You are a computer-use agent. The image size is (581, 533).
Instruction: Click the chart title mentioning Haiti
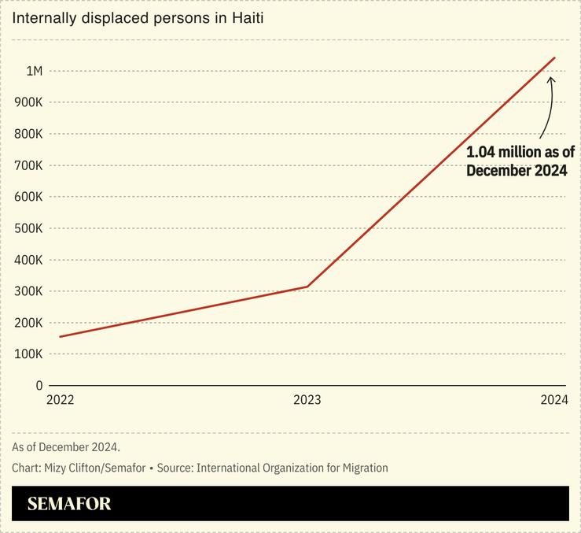(137, 17)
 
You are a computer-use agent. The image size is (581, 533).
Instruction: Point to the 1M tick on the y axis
(34, 71)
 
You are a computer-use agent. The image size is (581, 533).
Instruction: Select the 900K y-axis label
(28, 102)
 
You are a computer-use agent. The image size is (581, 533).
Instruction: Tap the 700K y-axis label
(28, 165)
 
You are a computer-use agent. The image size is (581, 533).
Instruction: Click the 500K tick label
(28, 228)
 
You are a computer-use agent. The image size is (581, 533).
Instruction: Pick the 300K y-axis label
(28, 291)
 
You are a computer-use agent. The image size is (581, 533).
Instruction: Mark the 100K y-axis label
(28, 354)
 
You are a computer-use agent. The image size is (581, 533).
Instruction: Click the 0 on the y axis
(39, 386)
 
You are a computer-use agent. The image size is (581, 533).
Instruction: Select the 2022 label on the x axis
(60, 400)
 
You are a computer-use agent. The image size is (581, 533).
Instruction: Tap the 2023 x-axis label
(307, 400)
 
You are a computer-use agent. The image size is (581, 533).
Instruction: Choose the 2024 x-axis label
(553, 400)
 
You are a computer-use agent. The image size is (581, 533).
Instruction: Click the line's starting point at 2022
(60, 337)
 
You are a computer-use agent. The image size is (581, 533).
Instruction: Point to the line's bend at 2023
(307, 287)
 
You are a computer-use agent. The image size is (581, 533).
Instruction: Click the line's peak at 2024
(554, 57)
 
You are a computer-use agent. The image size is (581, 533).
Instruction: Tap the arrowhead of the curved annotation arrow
(551, 78)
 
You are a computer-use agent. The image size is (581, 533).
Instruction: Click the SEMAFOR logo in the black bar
(69, 504)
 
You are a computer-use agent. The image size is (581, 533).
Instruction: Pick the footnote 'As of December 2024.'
(66, 447)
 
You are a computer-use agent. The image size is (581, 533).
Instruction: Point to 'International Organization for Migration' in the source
(292, 468)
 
